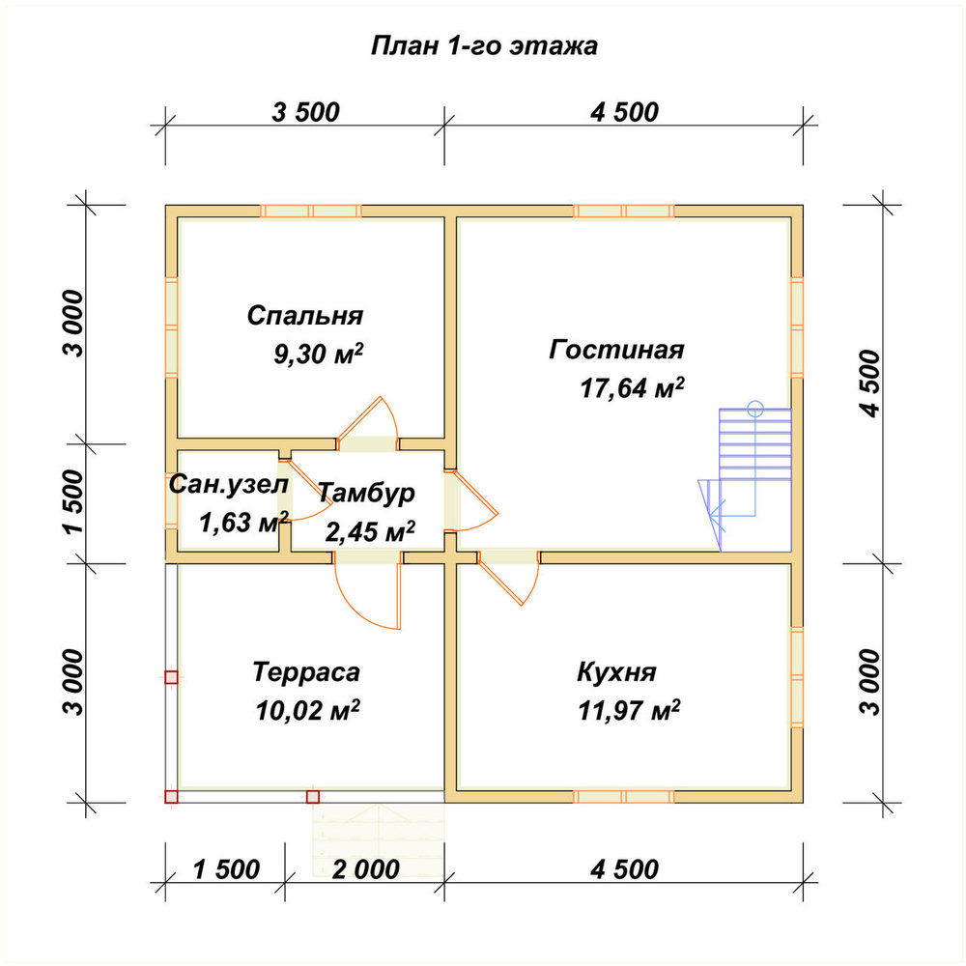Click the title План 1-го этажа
(484, 46)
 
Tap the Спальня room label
(305, 316)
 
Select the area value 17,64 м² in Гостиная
(632, 388)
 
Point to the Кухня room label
(616, 671)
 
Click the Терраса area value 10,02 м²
(307, 710)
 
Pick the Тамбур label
(366, 493)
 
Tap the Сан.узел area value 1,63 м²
(243, 523)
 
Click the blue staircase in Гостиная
(745, 477)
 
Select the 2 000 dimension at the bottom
(366, 870)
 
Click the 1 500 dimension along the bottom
(226, 870)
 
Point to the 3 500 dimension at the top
(305, 112)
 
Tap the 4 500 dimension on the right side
(870, 384)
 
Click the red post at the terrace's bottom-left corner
(171, 797)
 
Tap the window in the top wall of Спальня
(310, 212)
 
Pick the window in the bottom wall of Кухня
(624, 797)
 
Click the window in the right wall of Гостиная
(797, 327)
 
